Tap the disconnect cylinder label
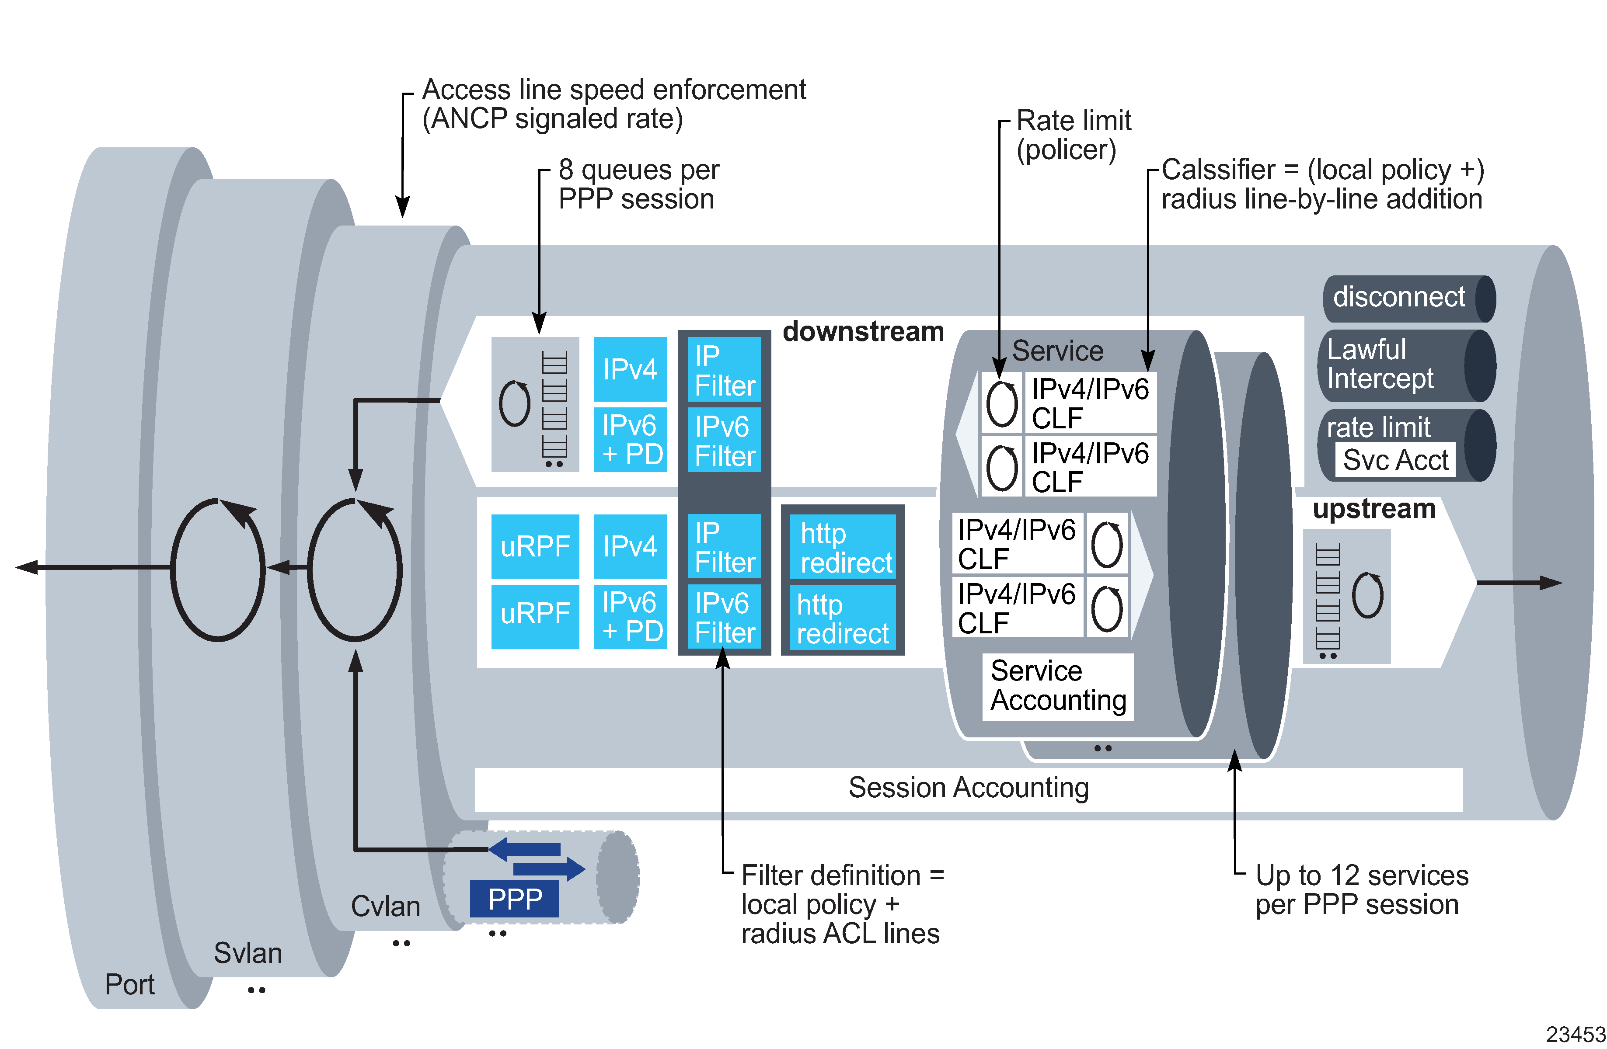tap(1398, 297)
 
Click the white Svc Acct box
tap(1395, 460)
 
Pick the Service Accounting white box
tap(1057, 686)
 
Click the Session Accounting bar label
tap(968, 788)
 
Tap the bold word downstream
tap(863, 331)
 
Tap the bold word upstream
tap(1373, 508)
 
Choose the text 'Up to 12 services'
tap(1361, 875)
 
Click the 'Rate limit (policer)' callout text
tap(1073, 135)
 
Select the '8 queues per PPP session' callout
tap(638, 184)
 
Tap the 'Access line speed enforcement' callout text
tap(613, 90)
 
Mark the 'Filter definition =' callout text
tap(842, 875)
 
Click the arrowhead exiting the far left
tap(26, 567)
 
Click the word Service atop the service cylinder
tap(1057, 351)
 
